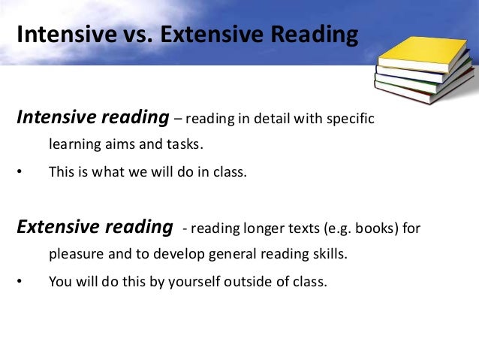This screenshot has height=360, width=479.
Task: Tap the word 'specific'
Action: [350, 119]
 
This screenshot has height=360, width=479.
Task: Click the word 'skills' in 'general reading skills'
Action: [330, 254]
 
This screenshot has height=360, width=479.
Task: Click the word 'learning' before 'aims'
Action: [74, 144]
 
